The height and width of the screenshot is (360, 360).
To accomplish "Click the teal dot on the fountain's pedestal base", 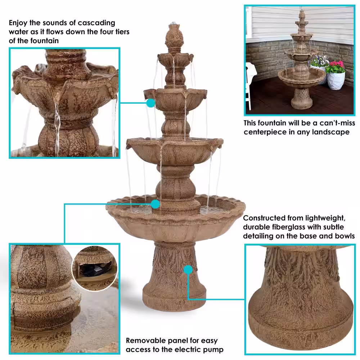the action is [188, 270].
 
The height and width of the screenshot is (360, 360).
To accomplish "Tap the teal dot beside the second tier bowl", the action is [151, 103].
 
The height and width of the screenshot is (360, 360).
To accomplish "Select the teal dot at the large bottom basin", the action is [156, 204].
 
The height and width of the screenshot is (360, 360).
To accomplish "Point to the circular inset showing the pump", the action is [95, 269].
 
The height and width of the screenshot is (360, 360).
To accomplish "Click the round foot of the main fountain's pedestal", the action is [174, 298].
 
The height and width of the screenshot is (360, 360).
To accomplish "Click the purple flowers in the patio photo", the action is [320, 60].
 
